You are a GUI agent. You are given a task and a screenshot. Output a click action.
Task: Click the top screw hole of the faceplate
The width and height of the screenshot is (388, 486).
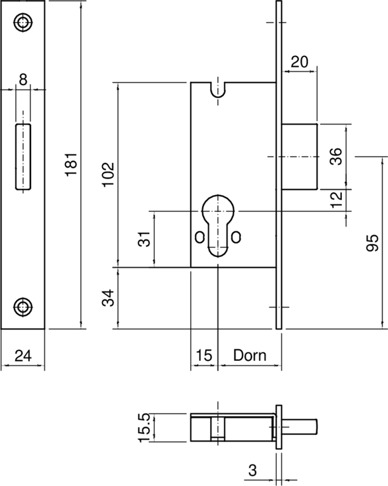coord(23,23)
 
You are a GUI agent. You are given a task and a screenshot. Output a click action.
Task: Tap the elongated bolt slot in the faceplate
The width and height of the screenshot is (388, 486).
coord(22,156)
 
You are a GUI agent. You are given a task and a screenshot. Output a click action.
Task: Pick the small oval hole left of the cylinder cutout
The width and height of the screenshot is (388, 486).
coord(199,236)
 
